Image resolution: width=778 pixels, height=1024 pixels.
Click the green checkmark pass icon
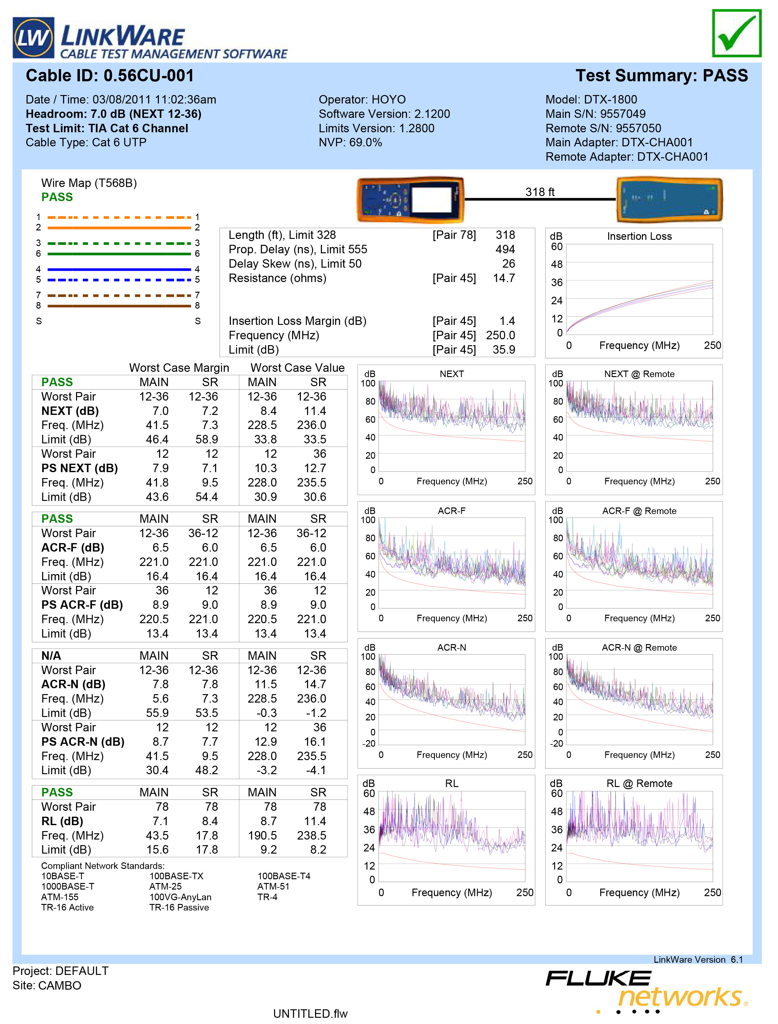[x=736, y=33]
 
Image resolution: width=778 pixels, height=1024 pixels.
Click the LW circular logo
[x=33, y=38]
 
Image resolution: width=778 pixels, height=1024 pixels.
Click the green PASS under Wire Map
[x=57, y=197]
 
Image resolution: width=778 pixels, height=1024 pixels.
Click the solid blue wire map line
[x=119, y=269]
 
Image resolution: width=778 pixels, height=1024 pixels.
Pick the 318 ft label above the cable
[x=540, y=192]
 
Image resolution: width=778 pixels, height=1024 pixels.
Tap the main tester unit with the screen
[x=410, y=199]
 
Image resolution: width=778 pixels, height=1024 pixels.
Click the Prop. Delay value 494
[x=505, y=250]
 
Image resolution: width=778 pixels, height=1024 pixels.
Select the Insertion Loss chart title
[x=639, y=236]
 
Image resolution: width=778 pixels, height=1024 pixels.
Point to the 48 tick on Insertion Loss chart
[x=557, y=264]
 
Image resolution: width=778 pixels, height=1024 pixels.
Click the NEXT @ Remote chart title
[x=639, y=374]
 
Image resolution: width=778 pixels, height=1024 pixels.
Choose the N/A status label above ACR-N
[x=51, y=655]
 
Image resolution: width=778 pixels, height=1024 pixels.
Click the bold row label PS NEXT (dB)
[x=80, y=468]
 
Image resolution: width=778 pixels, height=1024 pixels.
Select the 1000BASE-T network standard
[x=68, y=886]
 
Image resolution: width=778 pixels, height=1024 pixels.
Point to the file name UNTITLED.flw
[x=310, y=1013]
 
